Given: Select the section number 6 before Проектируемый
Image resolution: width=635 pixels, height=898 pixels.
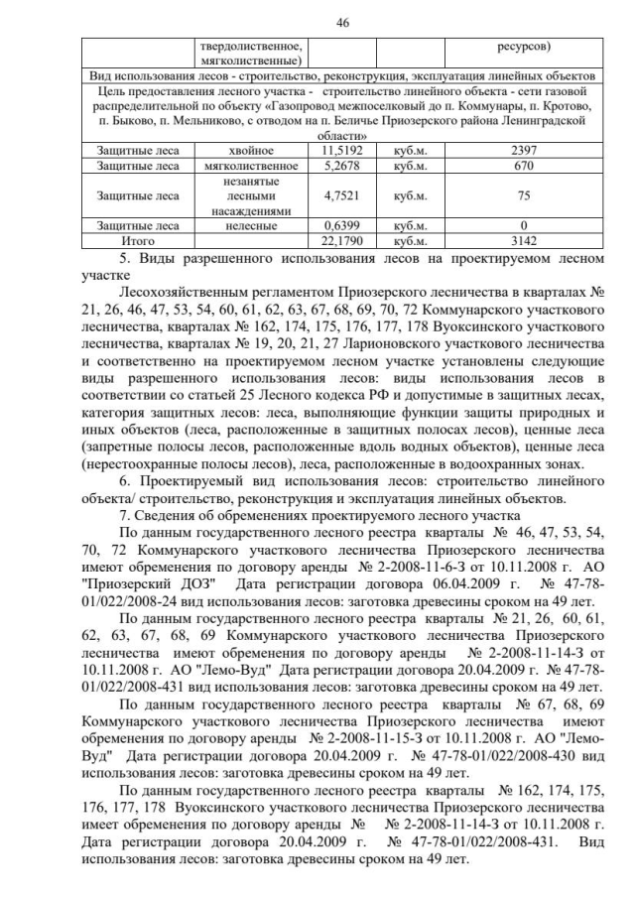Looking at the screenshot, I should [121, 479].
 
